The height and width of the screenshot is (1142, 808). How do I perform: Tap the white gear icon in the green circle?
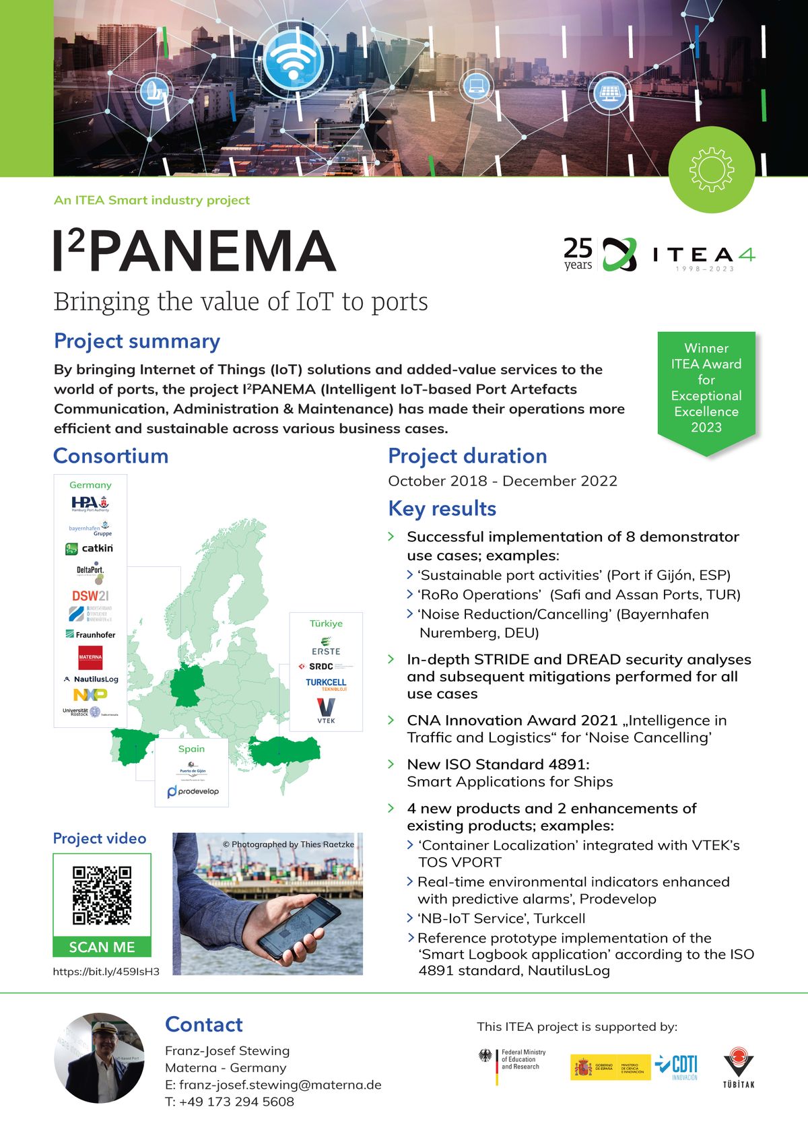click(x=712, y=170)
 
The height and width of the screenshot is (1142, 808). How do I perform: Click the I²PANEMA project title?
click(x=195, y=250)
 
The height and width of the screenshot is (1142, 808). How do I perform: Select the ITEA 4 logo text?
click(x=704, y=255)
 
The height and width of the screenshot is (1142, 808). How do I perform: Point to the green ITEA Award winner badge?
click(x=706, y=388)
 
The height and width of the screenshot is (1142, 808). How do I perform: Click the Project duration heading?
click(x=467, y=456)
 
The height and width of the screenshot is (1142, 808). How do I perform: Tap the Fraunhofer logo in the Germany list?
click(x=90, y=634)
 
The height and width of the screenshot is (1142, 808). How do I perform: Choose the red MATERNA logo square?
click(x=90, y=657)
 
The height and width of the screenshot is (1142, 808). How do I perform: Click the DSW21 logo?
click(x=90, y=596)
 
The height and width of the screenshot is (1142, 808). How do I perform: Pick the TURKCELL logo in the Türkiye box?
click(x=326, y=683)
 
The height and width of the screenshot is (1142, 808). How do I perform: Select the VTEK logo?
click(x=326, y=710)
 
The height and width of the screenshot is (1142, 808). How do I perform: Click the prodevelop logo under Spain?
click(x=193, y=791)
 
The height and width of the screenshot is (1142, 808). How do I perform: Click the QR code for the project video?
click(x=102, y=896)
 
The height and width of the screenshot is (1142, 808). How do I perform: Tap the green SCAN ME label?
click(x=102, y=947)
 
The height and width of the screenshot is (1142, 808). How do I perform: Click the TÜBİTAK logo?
click(x=739, y=1067)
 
